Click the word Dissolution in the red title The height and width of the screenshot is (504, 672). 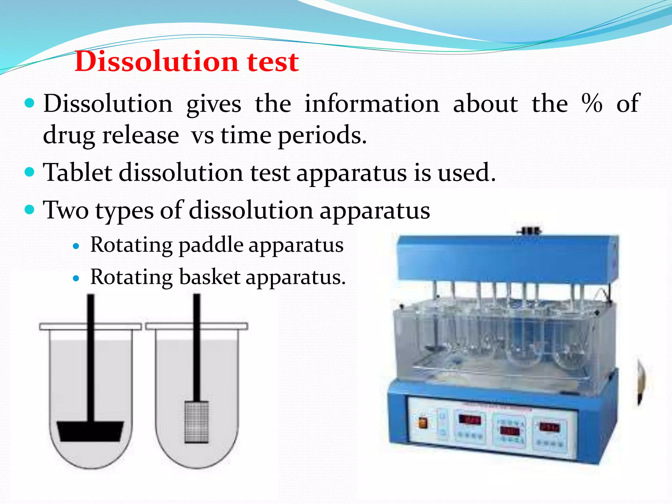(x=156, y=61)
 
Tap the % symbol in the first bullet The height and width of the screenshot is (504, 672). (x=592, y=103)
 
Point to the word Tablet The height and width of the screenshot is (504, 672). (x=77, y=172)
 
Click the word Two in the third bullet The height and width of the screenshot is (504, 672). (x=66, y=210)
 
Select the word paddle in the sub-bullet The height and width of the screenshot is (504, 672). (x=211, y=245)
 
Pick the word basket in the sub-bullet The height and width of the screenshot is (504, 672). (x=210, y=277)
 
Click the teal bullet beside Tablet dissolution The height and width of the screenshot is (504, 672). (x=30, y=172)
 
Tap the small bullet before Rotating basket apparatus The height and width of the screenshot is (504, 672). (x=76, y=279)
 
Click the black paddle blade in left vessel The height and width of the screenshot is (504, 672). (x=90, y=431)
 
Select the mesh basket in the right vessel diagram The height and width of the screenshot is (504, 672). (x=197, y=422)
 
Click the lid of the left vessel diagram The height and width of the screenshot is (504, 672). (x=90, y=326)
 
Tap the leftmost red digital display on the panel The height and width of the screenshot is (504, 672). (x=469, y=420)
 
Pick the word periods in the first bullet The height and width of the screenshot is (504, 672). (x=322, y=136)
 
